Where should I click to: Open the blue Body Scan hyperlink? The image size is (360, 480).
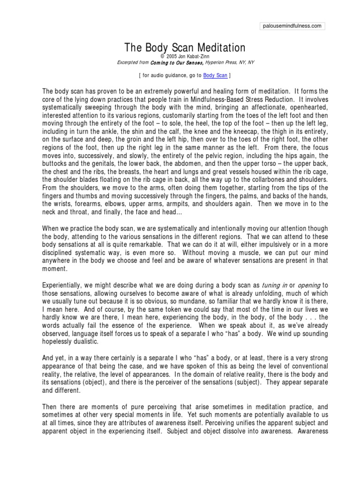pos(215,75)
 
